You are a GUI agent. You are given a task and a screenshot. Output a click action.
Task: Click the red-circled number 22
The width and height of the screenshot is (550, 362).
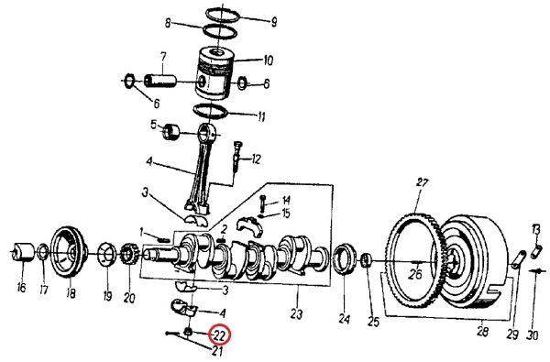(219, 335)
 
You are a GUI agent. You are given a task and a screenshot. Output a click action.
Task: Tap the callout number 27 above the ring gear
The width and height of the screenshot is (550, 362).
(423, 182)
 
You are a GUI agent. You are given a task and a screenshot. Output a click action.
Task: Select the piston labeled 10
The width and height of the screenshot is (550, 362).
(214, 73)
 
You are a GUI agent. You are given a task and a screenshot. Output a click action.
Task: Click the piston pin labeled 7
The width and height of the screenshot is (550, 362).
(159, 81)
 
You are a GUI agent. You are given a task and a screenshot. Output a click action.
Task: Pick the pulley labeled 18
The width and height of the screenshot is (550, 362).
(69, 252)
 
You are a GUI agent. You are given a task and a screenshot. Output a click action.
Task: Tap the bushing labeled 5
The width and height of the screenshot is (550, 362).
(170, 132)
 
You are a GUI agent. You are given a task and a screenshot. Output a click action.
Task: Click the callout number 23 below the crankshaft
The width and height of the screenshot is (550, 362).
(296, 314)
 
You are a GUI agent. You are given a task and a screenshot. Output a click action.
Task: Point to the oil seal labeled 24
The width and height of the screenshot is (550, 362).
(344, 259)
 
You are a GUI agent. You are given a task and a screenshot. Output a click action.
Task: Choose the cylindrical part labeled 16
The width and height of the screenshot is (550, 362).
(23, 251)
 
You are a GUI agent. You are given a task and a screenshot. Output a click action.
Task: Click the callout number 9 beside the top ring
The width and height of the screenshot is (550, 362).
(274, 22)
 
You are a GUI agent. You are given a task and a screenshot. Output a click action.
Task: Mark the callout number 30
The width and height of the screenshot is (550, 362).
(533, 335)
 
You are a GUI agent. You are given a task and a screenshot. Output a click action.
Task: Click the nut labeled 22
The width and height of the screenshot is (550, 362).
(188, 331)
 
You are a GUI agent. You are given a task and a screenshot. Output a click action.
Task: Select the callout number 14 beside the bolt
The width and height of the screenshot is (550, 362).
(286, 201)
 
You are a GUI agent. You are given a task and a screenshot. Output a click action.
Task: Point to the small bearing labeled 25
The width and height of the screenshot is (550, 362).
(366, 260)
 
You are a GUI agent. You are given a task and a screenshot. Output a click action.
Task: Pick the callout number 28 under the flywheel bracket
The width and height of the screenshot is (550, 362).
(483, 331)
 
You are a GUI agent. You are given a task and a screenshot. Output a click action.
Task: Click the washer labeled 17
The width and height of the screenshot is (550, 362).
(43, 251)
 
